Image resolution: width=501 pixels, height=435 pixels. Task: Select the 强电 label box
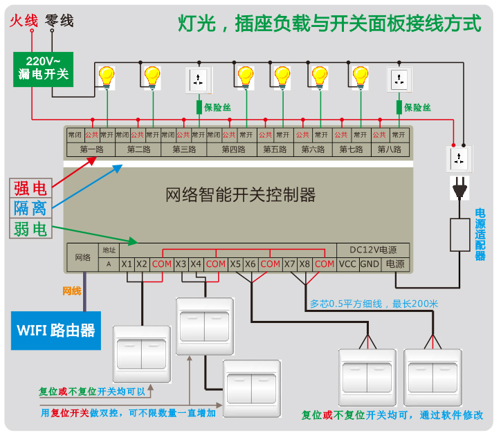click(30, 187)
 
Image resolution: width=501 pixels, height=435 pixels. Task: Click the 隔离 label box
click(30, 207)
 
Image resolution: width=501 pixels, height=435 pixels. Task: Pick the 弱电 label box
click(30, 228)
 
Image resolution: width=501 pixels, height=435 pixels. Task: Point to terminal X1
click(126, 264)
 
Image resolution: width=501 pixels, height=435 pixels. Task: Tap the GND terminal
click(370, 264)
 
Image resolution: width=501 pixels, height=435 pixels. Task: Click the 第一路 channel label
click(91, 149)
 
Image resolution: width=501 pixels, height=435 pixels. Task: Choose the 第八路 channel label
click(390, 149)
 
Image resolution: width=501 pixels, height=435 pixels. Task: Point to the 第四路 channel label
click(233, 149)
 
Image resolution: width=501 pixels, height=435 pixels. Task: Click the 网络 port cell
click(82, 257)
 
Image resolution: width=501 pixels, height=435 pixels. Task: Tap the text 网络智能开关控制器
click(241, 194)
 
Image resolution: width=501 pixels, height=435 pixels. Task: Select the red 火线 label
click(22, 21)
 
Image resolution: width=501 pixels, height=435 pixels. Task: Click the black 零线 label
click(59, 21)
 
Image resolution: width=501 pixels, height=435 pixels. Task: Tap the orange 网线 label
click(72, 290)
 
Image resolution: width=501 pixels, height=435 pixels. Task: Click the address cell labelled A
click(109, 264)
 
